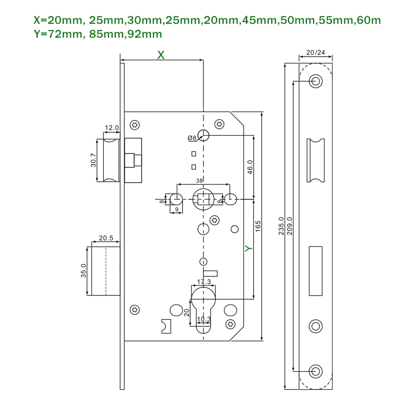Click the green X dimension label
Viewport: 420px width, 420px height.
(x=161, y=55)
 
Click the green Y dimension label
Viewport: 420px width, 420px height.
(x=249, y=248)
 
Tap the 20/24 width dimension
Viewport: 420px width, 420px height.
(x=316, y=53)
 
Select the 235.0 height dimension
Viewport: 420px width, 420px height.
(x=281, y=226)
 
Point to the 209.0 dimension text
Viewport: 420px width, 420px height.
(x=290, y=226)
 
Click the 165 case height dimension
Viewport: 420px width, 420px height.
(x=258, y=226)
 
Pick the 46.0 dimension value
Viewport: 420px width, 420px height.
(x=250, y=167)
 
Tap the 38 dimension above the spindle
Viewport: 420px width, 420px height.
(x=199, y=181)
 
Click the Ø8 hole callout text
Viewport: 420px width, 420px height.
(x=192, y=138)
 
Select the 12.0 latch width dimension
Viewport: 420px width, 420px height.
(x=112, y=128)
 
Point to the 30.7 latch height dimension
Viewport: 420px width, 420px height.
(x=93, y=160)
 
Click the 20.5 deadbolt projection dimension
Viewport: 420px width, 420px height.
(x=106, y=238)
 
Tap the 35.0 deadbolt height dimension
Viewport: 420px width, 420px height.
(x=83, y=271)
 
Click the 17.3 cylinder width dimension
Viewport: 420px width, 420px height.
(x=204, y=282)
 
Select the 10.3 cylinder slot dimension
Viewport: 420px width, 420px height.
(x=204, y=319)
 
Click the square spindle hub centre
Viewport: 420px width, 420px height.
(x=204, y=199)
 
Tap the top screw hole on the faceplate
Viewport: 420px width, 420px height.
(x=316, y=81)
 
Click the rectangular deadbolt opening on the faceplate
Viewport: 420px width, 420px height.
(x=316, y=271)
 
